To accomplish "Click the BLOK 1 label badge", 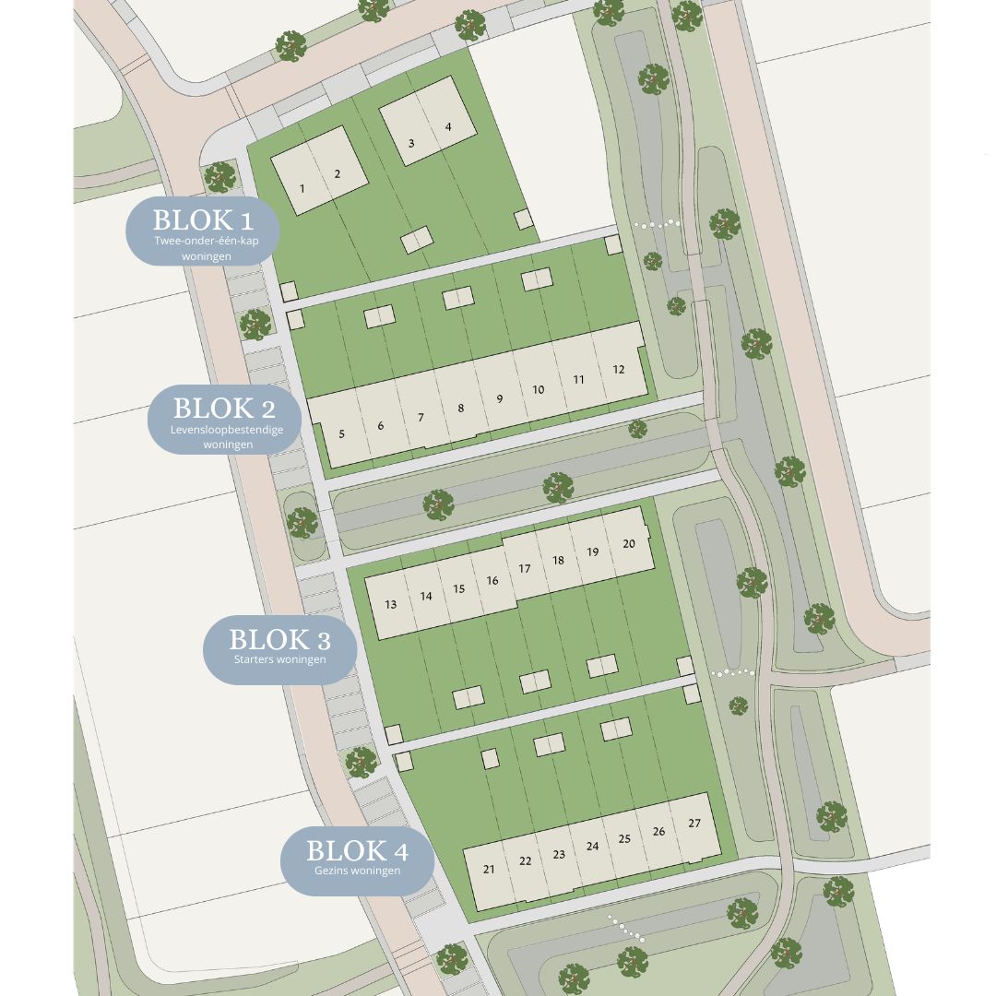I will [202, 231].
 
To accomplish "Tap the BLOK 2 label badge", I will [224, 419].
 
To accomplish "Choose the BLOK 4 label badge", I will [357, 860].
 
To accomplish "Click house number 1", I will [302, 189].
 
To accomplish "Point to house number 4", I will [448, 127].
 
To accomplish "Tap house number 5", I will [342, 433].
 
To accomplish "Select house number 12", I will [619, 370].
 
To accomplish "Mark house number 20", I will [629, 544].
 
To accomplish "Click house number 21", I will [489, 870].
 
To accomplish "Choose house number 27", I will [694, 824].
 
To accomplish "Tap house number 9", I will [499, 399].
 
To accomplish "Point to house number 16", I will [492, 581].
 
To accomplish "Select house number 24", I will [592, 847].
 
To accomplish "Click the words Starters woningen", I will [279, 659].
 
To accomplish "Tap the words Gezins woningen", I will [357, 871].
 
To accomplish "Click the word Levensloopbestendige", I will [227, 431].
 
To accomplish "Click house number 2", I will [338, 174].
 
